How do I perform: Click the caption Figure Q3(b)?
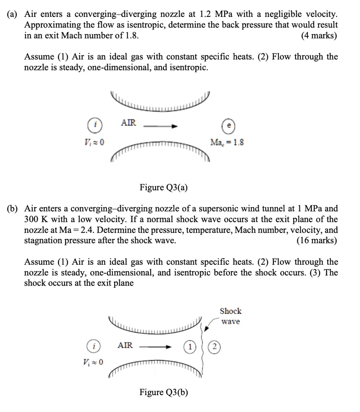pyautogui.click(x=164, y=392)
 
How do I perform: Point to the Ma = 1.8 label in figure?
pyautogui.click(x=227, y=142)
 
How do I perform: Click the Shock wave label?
pyautogui.click(x=231, y=316)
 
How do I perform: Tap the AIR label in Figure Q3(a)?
pyautogui.click(x=128, y=123)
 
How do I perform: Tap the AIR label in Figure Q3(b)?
pyautogui.click(x=125, y=345)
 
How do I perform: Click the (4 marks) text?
pyautogui.click(x=319, y=35)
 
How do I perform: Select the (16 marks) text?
pyautogui.click(x=317, y=241)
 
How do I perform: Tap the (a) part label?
pyautogui.click(x=13, y=14)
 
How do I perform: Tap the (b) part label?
pyautogui.click(x=13, y=209)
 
